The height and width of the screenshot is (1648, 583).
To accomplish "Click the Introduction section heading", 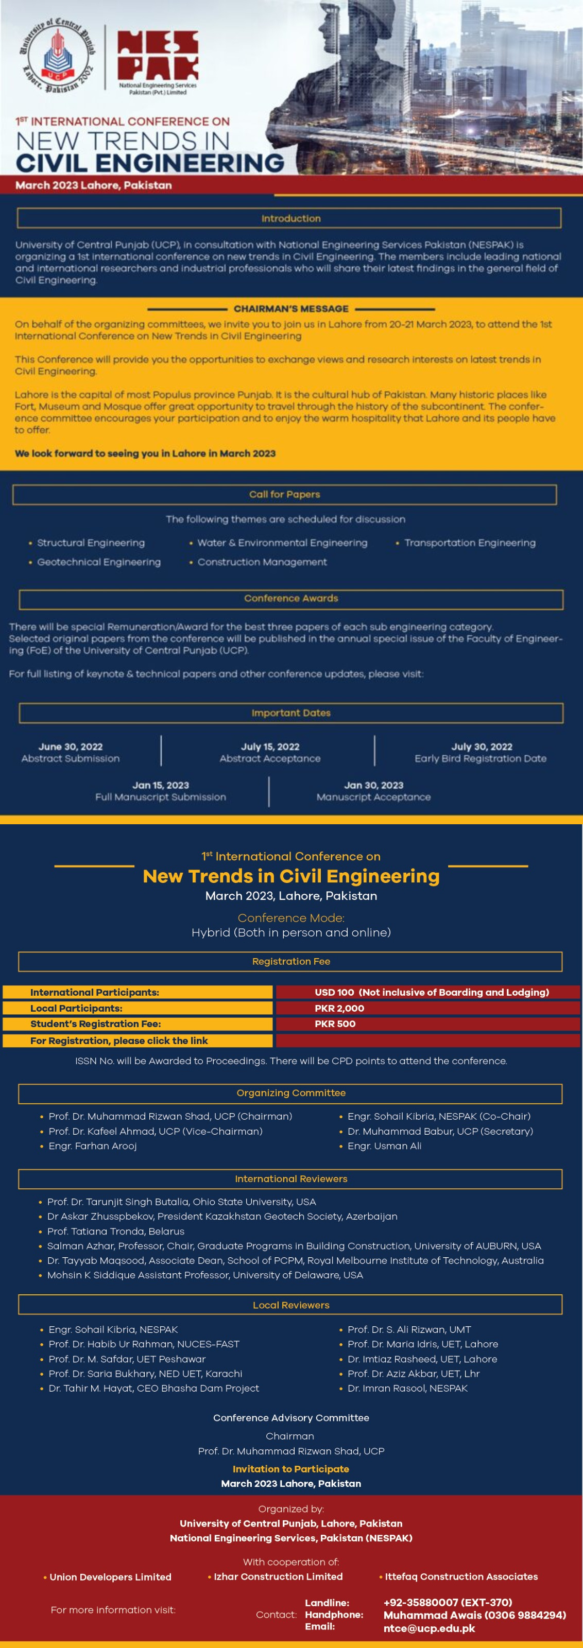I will click(x=290, y=218).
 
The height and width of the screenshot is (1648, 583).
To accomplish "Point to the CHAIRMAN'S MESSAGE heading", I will click(x=290, y=308).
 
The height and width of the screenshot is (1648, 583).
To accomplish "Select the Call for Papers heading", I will click(x=284, y=494).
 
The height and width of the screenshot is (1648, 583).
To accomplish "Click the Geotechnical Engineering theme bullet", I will click(x=98, y=562).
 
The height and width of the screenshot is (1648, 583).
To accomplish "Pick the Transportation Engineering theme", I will click(x=469, y=543).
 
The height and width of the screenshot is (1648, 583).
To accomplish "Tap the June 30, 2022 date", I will click(x=71, y=747).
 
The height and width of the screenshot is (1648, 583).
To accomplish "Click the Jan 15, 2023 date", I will click(x=161, y=785).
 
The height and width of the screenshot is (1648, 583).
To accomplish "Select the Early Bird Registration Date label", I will click(x=480, y=758).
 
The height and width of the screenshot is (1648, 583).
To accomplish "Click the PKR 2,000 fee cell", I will click(x=339, y=1008).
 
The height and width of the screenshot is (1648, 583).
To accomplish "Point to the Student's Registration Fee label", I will click(x=95, y=1024).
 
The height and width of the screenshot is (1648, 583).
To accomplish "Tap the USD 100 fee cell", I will click(x=334, y=992).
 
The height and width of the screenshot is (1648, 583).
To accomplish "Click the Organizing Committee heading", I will click(x=290, y=1092).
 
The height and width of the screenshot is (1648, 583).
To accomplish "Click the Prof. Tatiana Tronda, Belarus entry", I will click(x=115, y=1231).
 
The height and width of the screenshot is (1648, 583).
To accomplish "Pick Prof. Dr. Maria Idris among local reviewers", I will click(x=422, y=1344).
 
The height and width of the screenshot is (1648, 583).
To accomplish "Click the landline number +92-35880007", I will click(x=448, y=1603).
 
